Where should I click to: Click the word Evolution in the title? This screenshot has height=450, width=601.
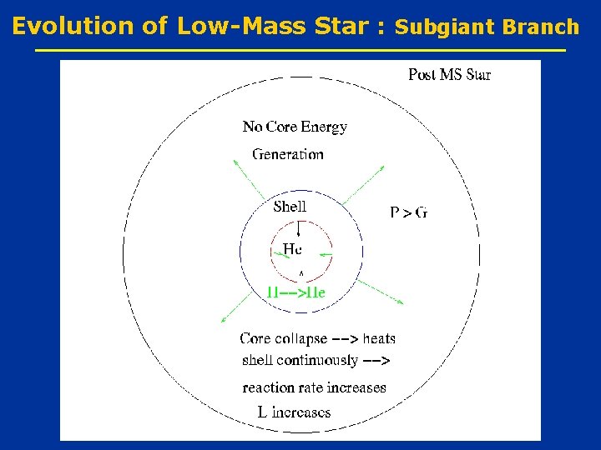click(x=74, y=26)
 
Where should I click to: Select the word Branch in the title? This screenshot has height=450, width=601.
click(x=541, y=27)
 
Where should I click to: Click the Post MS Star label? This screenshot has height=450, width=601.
click(x=449, y=75)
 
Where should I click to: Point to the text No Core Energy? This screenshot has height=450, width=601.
click(x=295, y=127)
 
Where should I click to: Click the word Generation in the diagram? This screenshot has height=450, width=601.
click(x=288, y=153)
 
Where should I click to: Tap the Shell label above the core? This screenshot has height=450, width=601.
click(x=290, y=206)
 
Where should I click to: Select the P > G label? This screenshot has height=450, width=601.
click(x=408, y=212)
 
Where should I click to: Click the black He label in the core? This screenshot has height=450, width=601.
click(x=292, y=248)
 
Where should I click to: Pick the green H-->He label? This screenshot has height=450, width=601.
click(x=295, y=292)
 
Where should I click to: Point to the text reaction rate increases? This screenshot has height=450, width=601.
click(x=314, y=387)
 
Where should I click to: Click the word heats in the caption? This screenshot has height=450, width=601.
click(x=379, y=338)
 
